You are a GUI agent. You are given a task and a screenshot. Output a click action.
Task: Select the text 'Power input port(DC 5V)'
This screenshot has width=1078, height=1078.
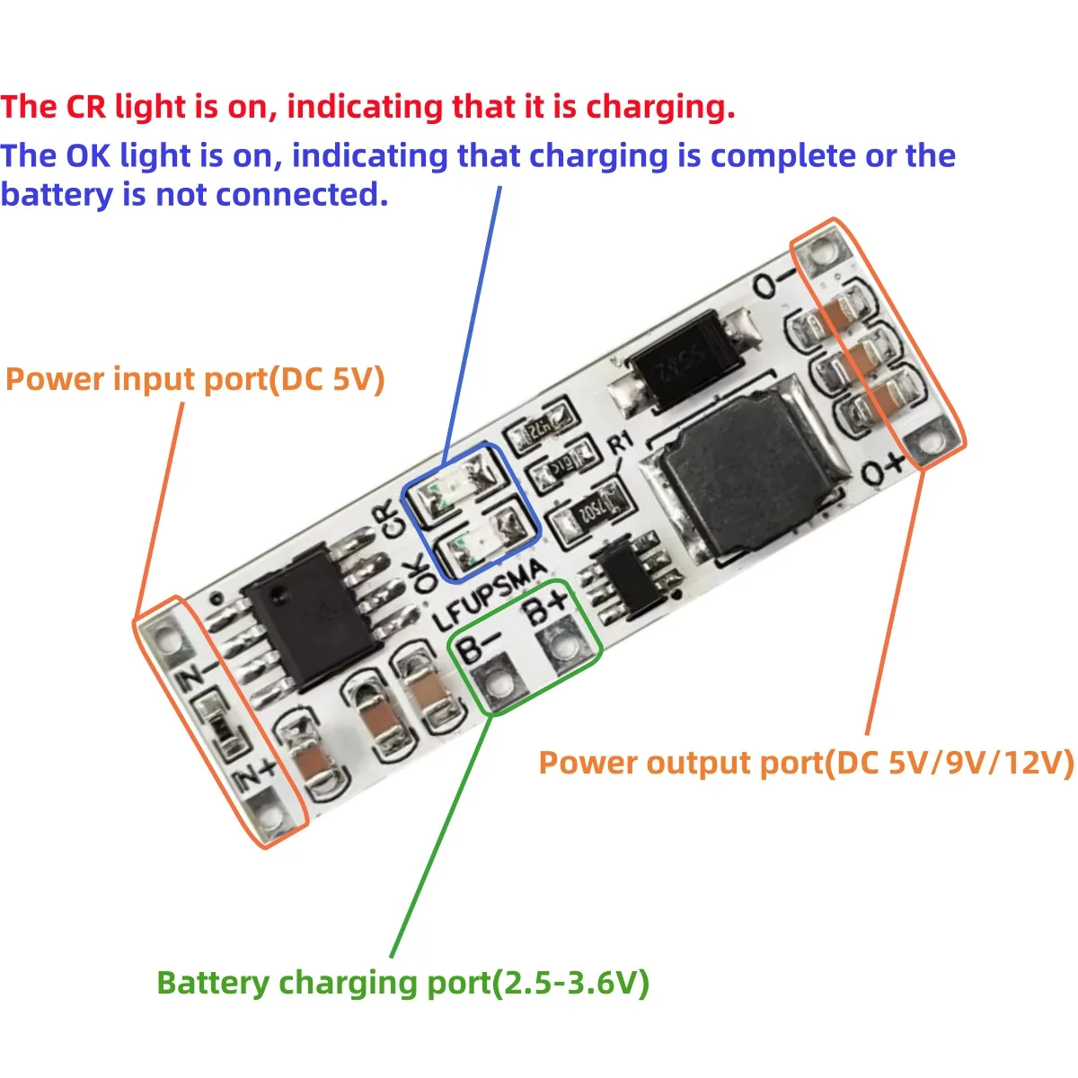point(195,379)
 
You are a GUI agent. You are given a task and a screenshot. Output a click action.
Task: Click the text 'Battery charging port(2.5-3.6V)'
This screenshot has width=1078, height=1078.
point(402,982)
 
